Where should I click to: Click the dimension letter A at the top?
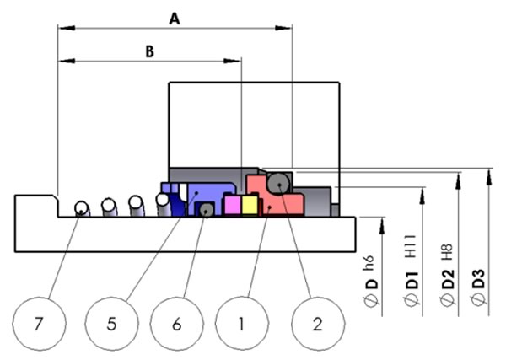pyautogui.click(x=175, y=19)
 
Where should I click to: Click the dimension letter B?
pyautogui.click(x=149, y=51)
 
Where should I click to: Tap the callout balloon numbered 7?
pyautogui.click(x=39, y=324)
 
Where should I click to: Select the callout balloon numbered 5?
pyautogui.click(x=111, y=324)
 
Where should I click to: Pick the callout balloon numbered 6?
pyautogui.click(x=177, y=324)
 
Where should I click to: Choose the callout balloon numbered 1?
pyautogui.click(x=242, y=324)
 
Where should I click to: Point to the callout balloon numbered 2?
pyautogui.click(x=318, y=324)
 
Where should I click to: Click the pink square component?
pyautogui.click(x=233, y=205)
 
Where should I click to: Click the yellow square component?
pyautogui.click(x=250, y=205)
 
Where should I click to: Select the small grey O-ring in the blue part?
pyautogui.click(x=206, y=210)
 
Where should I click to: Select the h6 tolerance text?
pyautogui.click(x=369, y=263)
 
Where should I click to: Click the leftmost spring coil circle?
pyautogui.click(x=81, y=208)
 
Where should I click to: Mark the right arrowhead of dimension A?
pyautogui.click(x=283, y=28)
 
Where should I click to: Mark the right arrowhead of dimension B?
pyautogui.click(x=233, y=61)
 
